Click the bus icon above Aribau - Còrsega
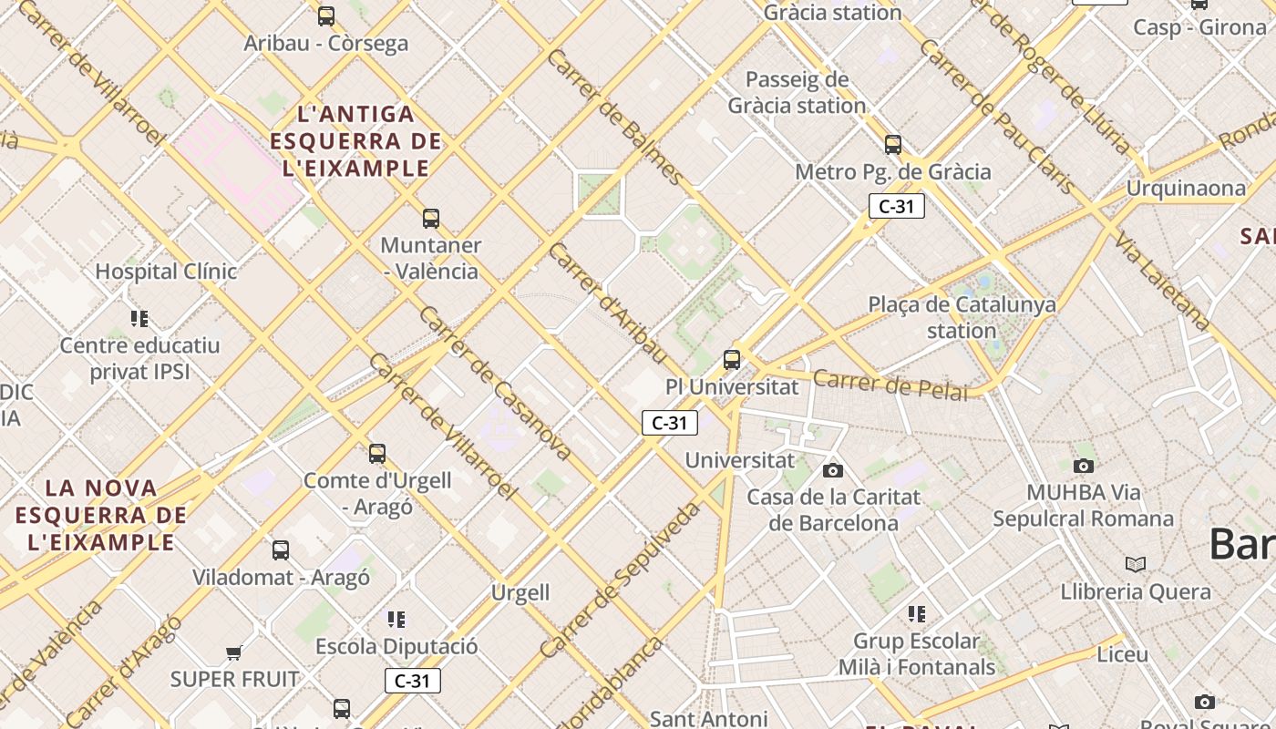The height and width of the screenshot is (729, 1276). point(325,16)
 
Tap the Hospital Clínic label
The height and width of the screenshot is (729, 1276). point(166,272)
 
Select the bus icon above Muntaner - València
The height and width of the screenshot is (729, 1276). point(431,219)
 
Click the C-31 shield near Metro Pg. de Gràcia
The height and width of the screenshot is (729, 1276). point(896,206)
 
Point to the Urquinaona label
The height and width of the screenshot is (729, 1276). point(1186,189)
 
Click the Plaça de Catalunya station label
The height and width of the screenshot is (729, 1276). point(962,317)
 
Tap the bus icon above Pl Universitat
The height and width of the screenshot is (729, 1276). point(732,360)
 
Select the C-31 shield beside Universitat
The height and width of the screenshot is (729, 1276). point(670,423)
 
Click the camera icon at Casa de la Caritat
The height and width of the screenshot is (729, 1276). point(832,471)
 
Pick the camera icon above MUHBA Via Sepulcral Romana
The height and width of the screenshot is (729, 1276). point(1083,467)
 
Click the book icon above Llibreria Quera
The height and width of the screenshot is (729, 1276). point(1135,565)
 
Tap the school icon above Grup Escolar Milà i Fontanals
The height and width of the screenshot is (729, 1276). point(917,614)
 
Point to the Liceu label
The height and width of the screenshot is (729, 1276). point(1122,654)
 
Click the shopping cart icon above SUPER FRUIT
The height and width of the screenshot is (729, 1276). point(234,652)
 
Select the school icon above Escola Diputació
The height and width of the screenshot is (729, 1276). point(396,620)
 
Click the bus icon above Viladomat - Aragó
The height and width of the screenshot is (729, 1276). point(281,550)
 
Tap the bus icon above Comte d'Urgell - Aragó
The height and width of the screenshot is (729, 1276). point(376,454)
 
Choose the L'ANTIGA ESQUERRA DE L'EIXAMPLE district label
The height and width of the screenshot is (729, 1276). point(355,141)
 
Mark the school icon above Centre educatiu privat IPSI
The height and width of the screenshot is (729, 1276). point(139,319)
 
